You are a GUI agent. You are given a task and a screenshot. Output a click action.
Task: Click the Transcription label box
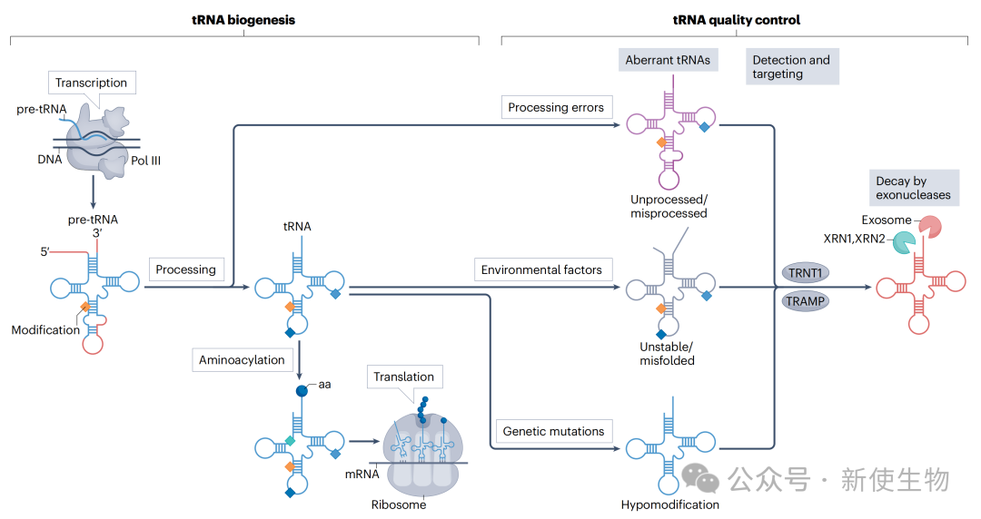pyautogui.click(x=91, y=83)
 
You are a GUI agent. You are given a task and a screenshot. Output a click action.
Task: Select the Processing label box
pyautogui.click(x=185, y=269)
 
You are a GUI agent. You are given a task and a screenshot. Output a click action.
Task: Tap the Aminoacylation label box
pyautogui.click(x=242, y=360)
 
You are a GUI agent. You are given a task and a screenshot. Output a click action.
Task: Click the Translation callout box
pyautogui.click(x=403, y=377)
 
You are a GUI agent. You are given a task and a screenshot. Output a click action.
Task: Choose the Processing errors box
pyautogui.click(x=556, y=107)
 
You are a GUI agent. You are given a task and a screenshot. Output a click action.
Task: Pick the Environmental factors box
pyautogui.click(x=541, y=269)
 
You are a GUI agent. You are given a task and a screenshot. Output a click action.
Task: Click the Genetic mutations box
pyautogui.click(x=553, y=431)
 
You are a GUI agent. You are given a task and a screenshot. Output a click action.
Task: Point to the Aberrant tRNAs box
pyautogui.click(x=668, y=61)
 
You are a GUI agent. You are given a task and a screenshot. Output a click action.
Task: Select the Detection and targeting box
pyautogui.click(x=791, y=67)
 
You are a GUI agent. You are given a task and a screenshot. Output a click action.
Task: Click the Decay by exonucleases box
pyautogui.click(x=913, y=188)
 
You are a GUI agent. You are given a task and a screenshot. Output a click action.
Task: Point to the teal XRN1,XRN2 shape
pyautogui.click(x=903, y=243)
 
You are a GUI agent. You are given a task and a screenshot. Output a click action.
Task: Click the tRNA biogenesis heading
pyautogui.click(x=244, y=20)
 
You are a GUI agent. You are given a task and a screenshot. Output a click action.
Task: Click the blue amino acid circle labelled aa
pyautogui.click(x=302, y=392)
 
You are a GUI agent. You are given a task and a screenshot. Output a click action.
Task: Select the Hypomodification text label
pyautogui.click(x=670, y=504)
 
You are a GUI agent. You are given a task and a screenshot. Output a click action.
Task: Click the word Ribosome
pyautogui.click(x=399, y=504)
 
